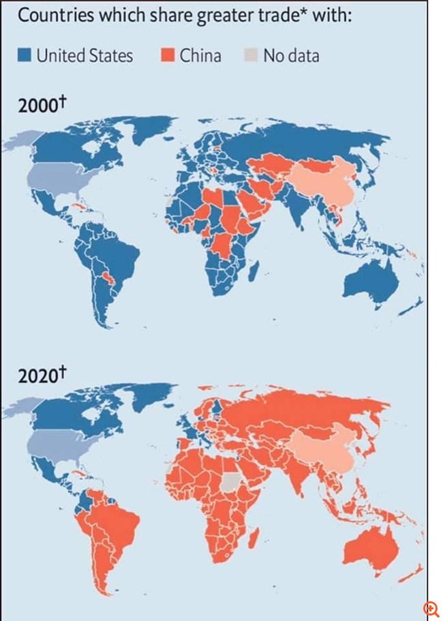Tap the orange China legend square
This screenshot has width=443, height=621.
coord(168,55)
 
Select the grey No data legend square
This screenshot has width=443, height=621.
coord(250,55)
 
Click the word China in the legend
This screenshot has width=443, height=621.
coord(200,55)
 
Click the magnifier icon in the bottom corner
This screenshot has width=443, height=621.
coord(431,609)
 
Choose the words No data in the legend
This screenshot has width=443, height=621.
coord(291,55)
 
